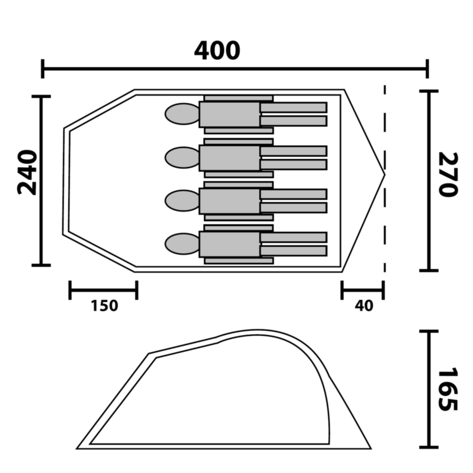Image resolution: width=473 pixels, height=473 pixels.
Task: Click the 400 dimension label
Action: pos(217,51)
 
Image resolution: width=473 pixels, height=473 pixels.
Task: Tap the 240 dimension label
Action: pos(27,172)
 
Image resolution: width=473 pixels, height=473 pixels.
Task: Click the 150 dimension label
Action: pos(104,306)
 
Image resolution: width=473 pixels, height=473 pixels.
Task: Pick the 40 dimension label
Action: pos(364,306)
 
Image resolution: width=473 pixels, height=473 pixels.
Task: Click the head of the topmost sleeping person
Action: pos(183,114)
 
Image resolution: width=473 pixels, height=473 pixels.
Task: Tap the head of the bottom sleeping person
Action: pos(183,244)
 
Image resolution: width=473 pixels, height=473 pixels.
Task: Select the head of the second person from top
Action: pos(183,158)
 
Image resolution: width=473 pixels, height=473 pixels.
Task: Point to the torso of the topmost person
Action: pos(230,114)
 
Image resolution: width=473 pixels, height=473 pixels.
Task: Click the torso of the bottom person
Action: pos(230,244)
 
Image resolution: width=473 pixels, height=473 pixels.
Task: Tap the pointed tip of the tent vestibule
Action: pos(384,175)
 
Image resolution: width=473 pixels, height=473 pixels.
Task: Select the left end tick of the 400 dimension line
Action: pos(43,69)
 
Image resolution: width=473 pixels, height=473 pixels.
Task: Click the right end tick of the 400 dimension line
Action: pos(427,69)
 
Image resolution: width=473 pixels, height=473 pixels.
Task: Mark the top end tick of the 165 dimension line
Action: pos(428,332)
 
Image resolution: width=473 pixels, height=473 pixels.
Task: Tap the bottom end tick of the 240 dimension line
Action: pos(41,265)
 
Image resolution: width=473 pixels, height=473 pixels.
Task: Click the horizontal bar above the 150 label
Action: pos(103,290)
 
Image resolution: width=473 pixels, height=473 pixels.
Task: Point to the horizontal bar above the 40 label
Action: pos(362,290)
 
